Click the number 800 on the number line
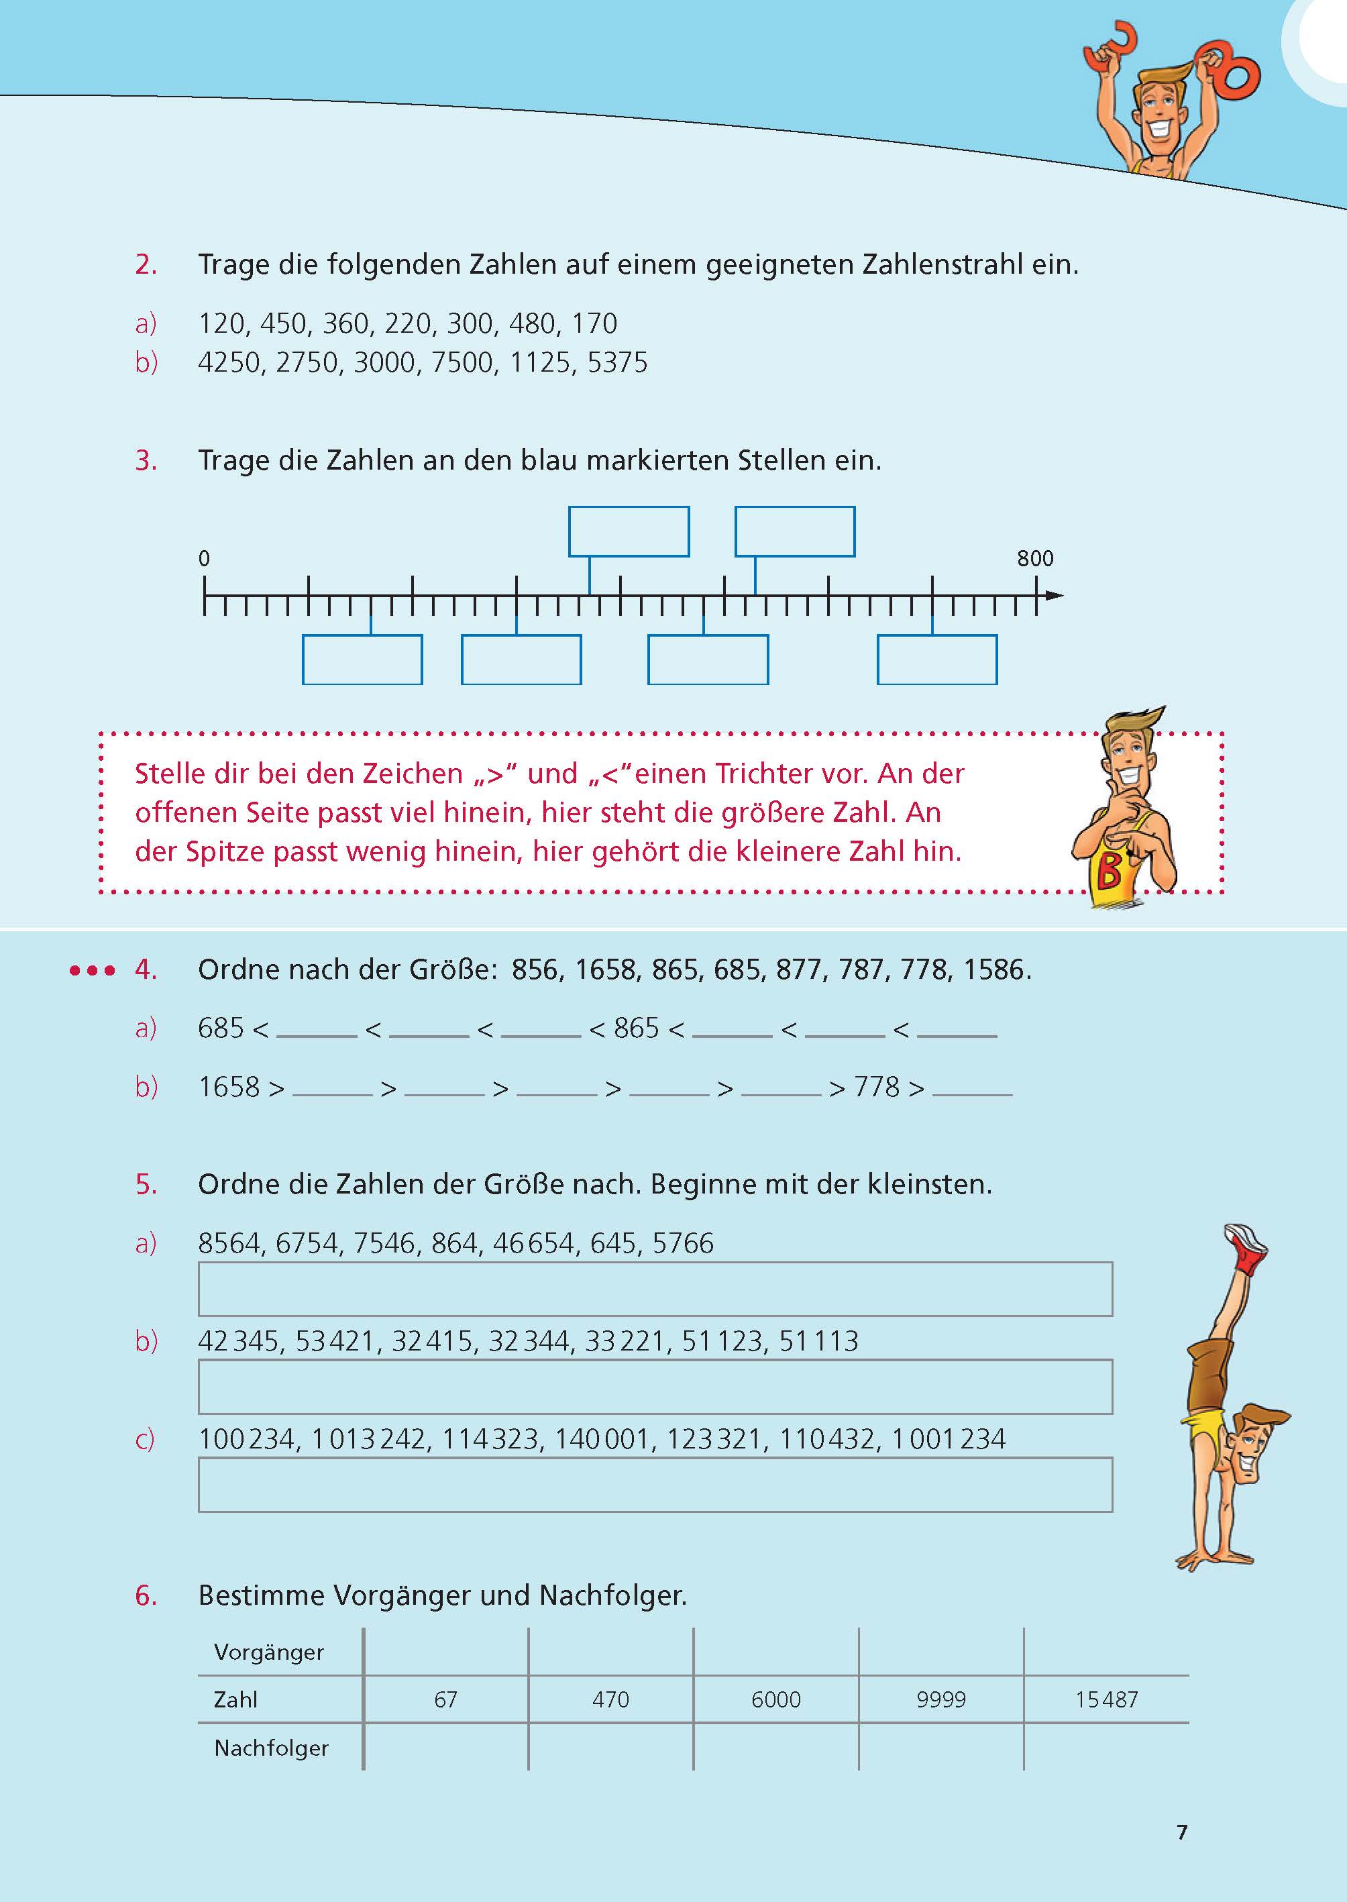[1034, 559]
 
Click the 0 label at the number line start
[204, 559]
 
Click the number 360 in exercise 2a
[345, 323]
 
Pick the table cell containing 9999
[940, 1699]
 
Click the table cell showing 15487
[1106, 1699]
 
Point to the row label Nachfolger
[271, 1748]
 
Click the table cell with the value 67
[445, 1699]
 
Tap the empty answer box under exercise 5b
[655, 1387]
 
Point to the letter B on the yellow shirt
[1109, 871]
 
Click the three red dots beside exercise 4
[92, 969]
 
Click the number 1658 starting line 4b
[229, 1087]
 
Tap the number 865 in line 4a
[636, 1028]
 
